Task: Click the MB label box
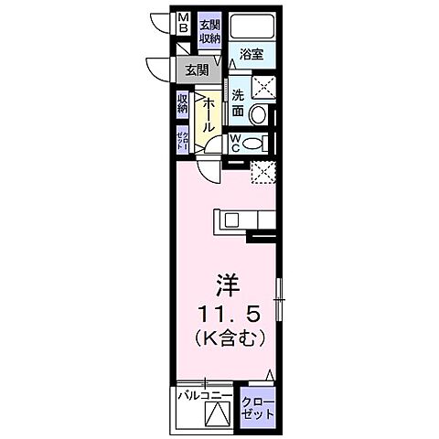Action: point(183,23)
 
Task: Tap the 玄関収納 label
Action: point(209,31)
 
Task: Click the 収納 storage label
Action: point(183,102)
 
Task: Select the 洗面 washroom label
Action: point(238,102)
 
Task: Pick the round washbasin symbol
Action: point(260,116)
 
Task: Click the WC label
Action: point(234,143)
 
